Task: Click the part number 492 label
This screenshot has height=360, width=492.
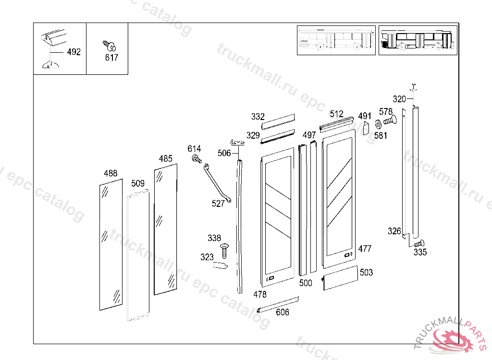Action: click(x=74, y=52)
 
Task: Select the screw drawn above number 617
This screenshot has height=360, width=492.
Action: click(x=110, y=46)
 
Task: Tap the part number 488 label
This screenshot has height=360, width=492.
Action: click(x=111, y=173)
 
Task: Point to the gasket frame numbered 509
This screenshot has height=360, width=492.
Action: click(x=127, y=257)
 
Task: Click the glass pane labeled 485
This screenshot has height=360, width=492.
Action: click(x=166, y=229)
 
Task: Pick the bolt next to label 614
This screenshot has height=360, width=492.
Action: click(x=197, y=159)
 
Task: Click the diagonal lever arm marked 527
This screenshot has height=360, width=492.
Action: click(x=217, y=183)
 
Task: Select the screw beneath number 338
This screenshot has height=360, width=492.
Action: click(x=224, y=251)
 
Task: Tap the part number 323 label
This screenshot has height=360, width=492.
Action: click(x=207, y=257)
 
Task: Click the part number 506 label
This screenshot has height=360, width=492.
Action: click(x=224, y=153)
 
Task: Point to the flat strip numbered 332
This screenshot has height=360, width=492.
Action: click(x=278, y=121)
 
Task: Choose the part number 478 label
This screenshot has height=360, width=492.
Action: click(x=260, y=294)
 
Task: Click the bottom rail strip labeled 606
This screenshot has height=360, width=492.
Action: click(x=278, y=304)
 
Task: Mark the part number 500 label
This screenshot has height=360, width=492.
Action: click(x=306, y=283)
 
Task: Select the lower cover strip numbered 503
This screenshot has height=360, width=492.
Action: click(x=340, y=277)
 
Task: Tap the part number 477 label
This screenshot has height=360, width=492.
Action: click(x=365, y=249)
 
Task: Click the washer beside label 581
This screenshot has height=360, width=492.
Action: click(x=378, y=124)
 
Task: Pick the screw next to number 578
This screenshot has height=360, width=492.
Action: click(x=390, y=120)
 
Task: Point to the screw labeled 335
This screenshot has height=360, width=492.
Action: click(x=419, y=243)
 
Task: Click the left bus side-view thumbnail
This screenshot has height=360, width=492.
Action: click(x=336, y=40)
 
